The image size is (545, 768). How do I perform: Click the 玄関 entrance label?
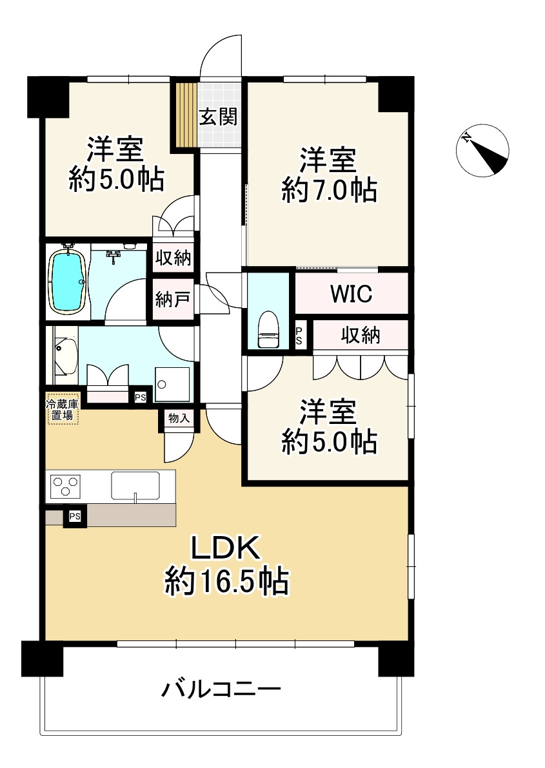pyautogui.click(x=218, y=117)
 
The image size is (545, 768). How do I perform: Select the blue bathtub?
pyautogui.click(x=67, y=281)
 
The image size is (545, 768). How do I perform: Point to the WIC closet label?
pyautogui.click(x=351, y=294)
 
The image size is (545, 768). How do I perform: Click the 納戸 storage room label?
pyautogui.click(x=172, y=300)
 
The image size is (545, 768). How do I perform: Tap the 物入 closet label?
pyautogui.click(x=179, y=418)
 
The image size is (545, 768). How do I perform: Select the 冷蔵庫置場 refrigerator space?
pyautogui.click(x=62, y=410)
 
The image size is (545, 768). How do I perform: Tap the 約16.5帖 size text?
pyautogui.click(x=226, y=582)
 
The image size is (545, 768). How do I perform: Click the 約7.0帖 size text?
pyautogui.click(x=329, y=191)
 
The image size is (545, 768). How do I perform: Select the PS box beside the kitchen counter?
pyautogui.click(x=75, y=517)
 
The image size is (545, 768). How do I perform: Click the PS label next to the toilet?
pyautogui.click(x=299, y=336)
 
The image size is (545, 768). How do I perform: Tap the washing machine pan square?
pyautogui.click(x=172, y=385)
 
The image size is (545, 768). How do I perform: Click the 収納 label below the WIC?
pyautogui.click(x=361, y=335)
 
